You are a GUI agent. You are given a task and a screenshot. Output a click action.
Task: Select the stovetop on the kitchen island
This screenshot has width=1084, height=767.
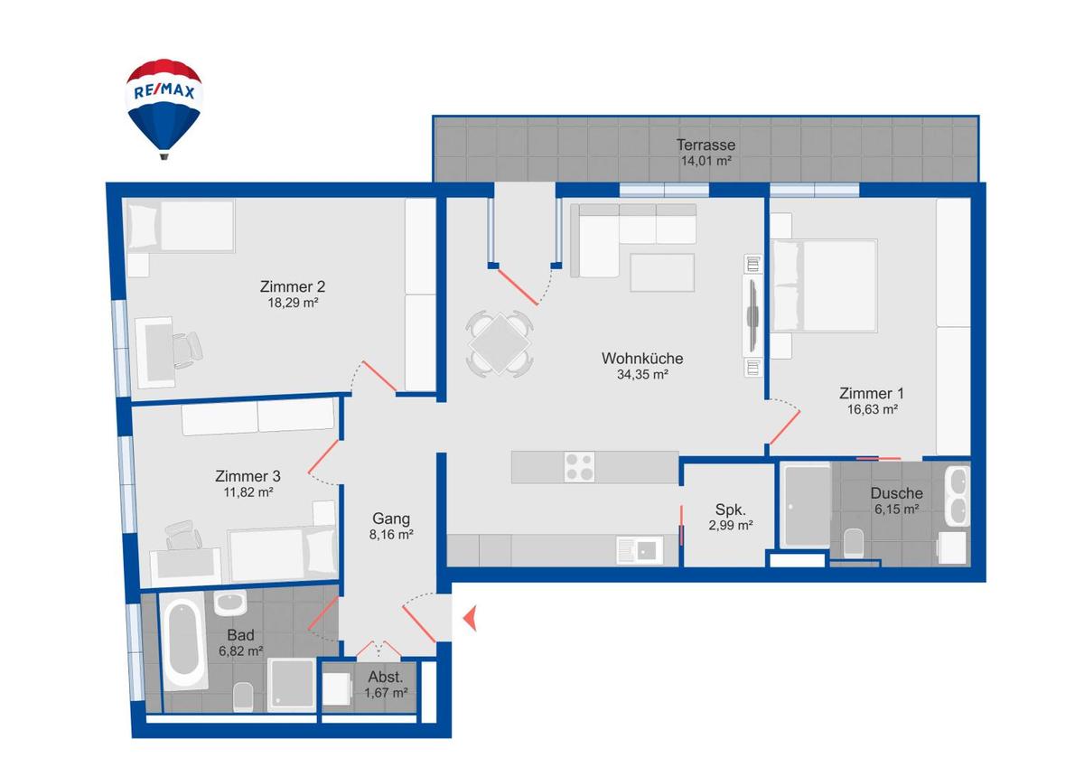(579, 467)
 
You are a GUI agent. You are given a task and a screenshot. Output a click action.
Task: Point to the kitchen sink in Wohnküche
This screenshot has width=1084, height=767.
(639, 548)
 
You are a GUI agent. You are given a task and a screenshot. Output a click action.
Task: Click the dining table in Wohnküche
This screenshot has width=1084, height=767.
(500, 343)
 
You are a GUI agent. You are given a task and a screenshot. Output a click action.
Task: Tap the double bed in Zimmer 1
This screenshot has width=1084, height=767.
(823, 285)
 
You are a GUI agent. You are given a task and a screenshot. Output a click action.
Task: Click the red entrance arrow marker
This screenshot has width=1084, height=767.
(470, 619)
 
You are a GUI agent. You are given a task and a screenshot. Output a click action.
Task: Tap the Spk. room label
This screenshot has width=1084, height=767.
(731, 509)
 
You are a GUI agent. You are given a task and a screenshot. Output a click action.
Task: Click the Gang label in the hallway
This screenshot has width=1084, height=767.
(391, 519)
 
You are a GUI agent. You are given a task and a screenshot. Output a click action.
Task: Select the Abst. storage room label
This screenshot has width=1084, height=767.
(386, 677)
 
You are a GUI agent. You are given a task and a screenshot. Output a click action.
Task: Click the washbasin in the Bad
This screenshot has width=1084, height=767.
(231, 603)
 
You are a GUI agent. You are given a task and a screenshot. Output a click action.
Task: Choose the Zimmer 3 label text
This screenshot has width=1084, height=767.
(248, 476)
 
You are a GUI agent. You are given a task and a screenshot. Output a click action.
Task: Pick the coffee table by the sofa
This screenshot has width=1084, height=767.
(662, 273)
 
